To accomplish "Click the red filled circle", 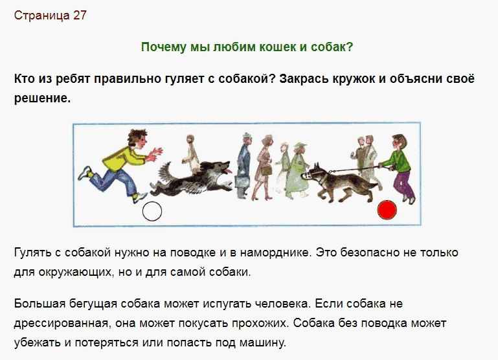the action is pos(387,210).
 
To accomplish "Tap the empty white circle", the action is pos(152,211).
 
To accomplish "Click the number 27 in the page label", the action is pos(80,16).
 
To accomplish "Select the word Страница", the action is pos(42,16).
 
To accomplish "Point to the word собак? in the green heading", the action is pos(332,47).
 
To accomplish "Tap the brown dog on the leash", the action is pos(339,183).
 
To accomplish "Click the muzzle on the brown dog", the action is pos(306,176).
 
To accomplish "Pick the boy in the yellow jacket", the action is pos(120,165).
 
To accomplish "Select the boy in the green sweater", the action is pos(398,168).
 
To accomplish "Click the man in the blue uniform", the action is pos(244,166).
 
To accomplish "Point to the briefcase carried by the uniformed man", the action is pos(240,183).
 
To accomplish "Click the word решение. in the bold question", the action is pos(42,98).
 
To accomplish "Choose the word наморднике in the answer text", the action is pos(275,253).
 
